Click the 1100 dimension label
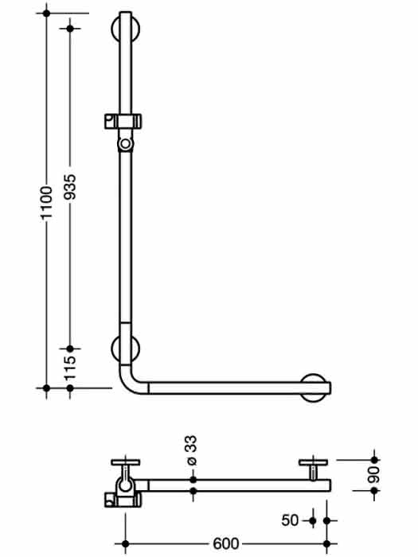46,202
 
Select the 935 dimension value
70,186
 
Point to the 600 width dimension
226,543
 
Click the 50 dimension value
290,520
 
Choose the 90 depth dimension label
374,475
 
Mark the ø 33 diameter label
192,450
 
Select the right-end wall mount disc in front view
314,388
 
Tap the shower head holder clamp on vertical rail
123,121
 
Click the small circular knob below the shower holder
125,144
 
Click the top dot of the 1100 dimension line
46,14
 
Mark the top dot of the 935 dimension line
70,28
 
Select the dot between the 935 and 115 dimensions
70,349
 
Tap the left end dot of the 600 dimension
125,543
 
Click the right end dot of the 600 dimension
327,543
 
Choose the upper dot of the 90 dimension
374,460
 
